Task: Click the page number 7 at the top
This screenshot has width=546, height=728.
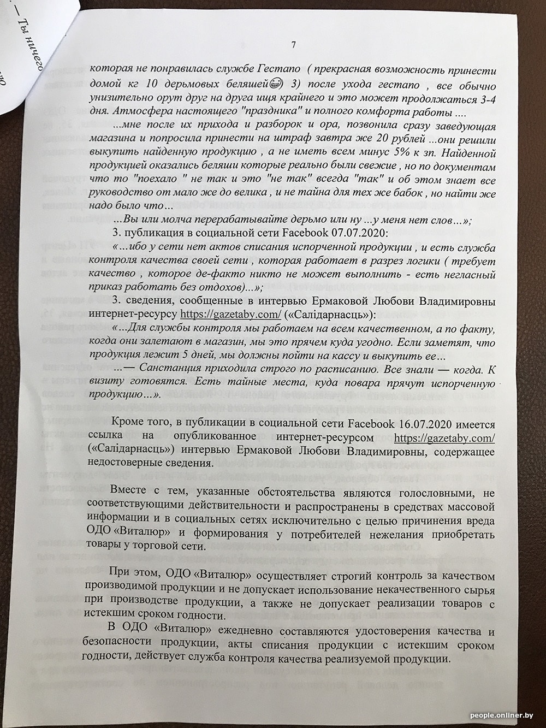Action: pos(293,45)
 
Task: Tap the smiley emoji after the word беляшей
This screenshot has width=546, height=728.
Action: pos(276,85)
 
